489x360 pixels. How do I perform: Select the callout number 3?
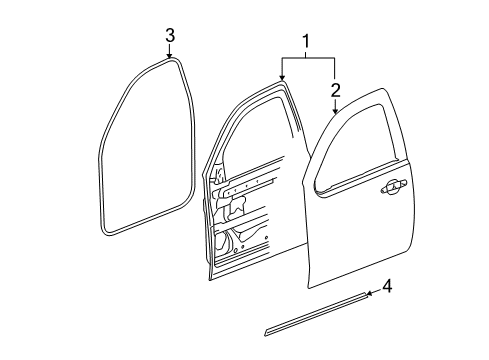click(x=170, y=37)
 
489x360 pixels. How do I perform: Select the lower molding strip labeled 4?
click(x=330, y=311)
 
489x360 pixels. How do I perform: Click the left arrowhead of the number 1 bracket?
click(x=283, y=76)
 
